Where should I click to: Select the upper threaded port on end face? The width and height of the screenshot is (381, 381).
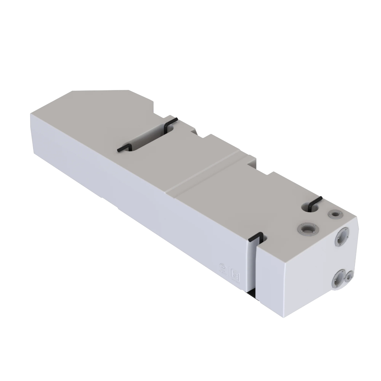[341, 236]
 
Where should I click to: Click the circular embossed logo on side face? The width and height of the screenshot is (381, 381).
[222, 266]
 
